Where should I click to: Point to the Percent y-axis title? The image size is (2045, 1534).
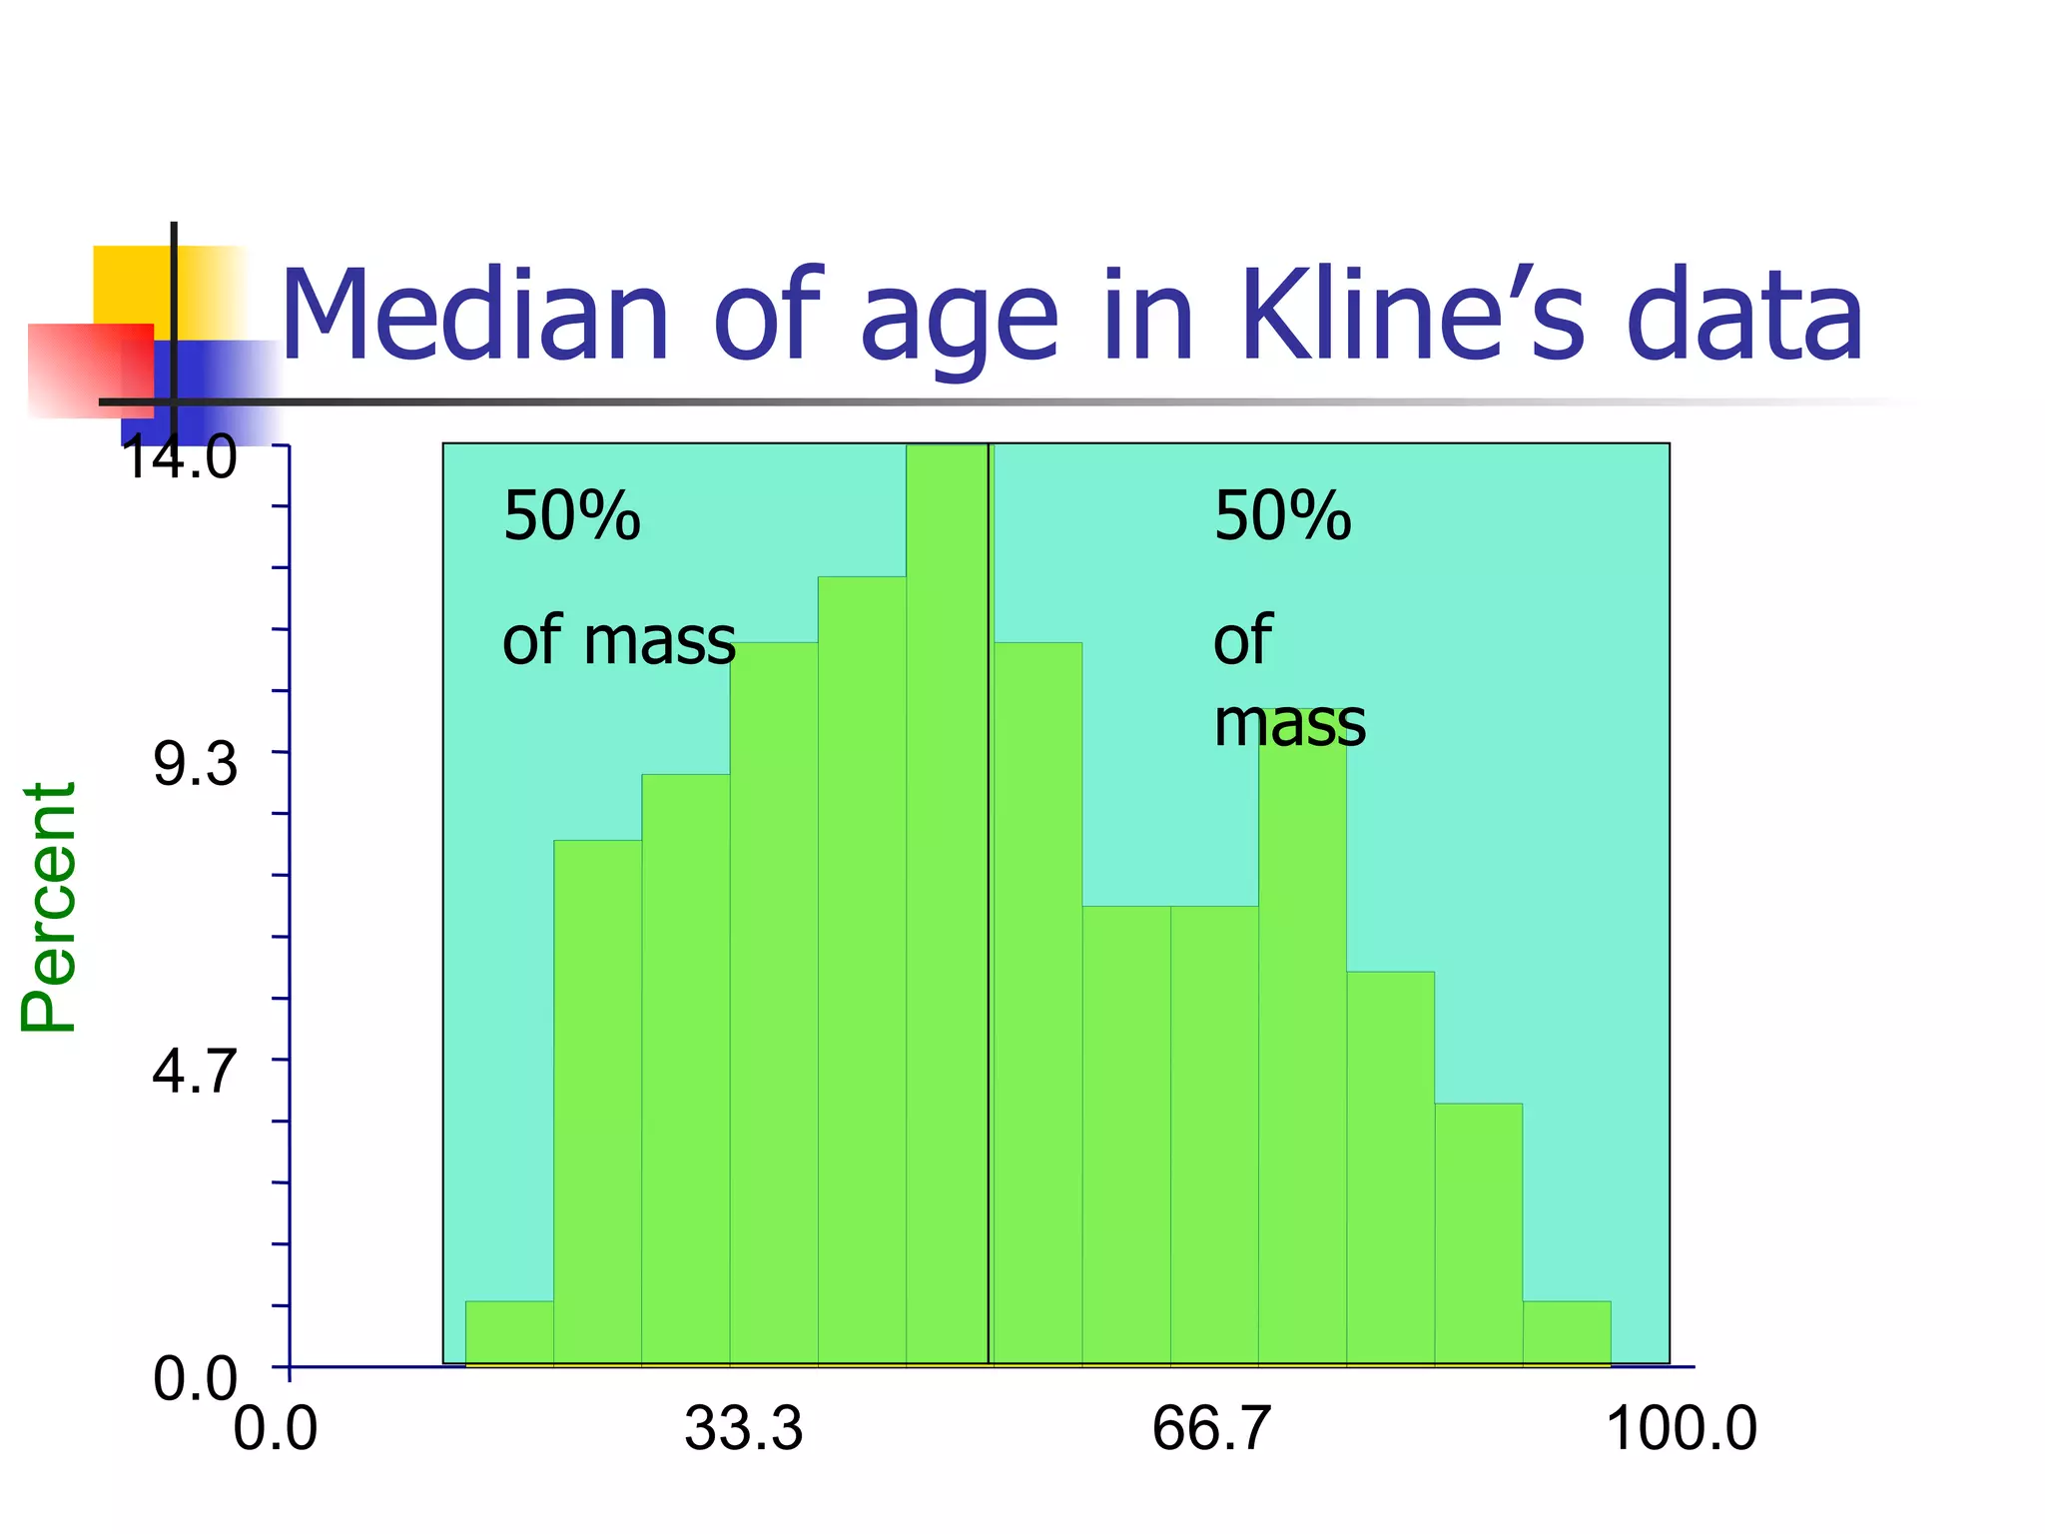48,907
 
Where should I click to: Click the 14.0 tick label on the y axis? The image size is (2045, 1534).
180,459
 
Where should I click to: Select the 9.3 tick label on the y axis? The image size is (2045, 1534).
196,765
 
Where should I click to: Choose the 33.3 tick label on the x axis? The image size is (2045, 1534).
743,1428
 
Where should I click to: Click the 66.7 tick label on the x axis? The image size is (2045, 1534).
1210,1428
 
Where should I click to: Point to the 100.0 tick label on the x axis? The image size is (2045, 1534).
1682,1428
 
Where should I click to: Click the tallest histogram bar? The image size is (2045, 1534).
947,899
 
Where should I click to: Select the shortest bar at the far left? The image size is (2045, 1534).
509,1332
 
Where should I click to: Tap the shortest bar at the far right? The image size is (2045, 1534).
1566,1332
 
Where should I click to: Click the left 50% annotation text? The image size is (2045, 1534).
571,517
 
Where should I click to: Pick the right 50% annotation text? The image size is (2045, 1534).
1282,517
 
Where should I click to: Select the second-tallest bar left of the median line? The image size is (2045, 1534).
862,969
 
